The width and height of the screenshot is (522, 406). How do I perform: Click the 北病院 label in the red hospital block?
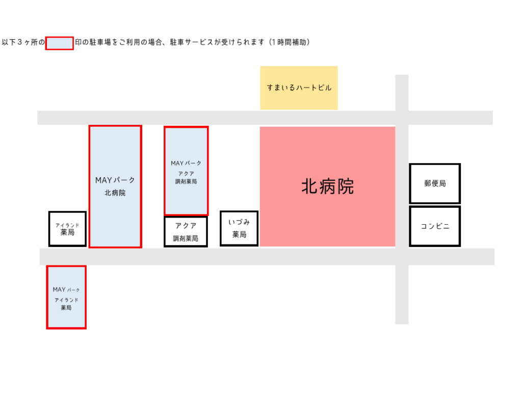tap(328, 186)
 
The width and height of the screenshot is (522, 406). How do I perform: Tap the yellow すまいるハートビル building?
tap(299, 88)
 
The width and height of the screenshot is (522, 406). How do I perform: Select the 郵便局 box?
tap(435, 183)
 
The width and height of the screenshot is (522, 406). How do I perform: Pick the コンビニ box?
tap(435, 226)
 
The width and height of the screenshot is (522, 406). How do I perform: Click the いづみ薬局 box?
tap(239, 228)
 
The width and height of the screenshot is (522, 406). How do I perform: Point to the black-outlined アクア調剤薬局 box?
tap(186, 232)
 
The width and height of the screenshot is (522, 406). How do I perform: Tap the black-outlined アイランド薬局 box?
tap(68, 229)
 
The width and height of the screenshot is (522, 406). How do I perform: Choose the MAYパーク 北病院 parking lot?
tap(115, 186)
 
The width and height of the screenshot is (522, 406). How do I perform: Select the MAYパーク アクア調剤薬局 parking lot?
tap(186, 171)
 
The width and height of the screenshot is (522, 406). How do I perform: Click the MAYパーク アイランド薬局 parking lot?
tap(66, 297)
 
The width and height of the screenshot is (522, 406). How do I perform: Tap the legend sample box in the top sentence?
tap(59, 43)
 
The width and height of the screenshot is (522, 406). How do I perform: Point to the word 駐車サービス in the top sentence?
tap(192, 42)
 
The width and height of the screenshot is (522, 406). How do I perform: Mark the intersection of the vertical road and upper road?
tap(402, 118)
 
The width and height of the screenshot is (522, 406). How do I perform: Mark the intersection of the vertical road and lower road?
tap(402, 257)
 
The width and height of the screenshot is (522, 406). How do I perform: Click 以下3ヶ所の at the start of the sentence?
tap(23, 42)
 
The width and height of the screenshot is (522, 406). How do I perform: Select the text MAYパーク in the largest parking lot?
tap(115, 180)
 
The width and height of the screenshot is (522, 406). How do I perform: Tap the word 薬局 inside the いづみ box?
tap(239, 235)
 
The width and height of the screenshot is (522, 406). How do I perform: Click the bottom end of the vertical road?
tap(402, 324)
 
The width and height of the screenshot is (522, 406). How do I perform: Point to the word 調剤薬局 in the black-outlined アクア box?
tap(186, 238)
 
